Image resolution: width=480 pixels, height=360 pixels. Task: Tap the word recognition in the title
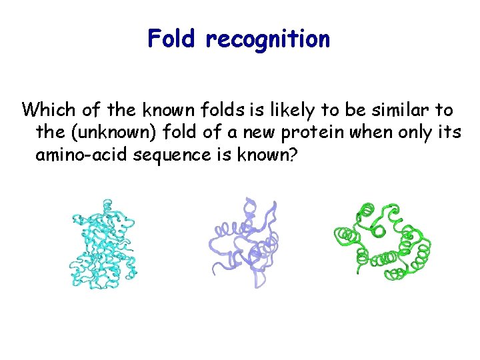[267, 40]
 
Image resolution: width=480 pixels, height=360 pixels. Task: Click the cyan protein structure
[103, 243]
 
